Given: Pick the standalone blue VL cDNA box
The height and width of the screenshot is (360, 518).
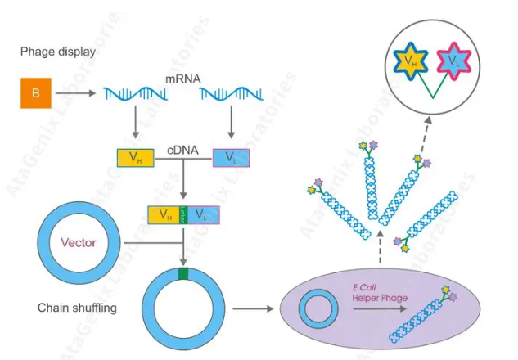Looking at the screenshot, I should click(x=234, y=157).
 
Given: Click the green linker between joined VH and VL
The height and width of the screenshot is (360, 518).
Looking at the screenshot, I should click(x=184, y=215).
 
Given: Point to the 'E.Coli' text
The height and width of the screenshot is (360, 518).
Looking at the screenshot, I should click(x=362, y=288).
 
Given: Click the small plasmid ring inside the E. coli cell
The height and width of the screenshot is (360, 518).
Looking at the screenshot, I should click(x=317, y=310).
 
